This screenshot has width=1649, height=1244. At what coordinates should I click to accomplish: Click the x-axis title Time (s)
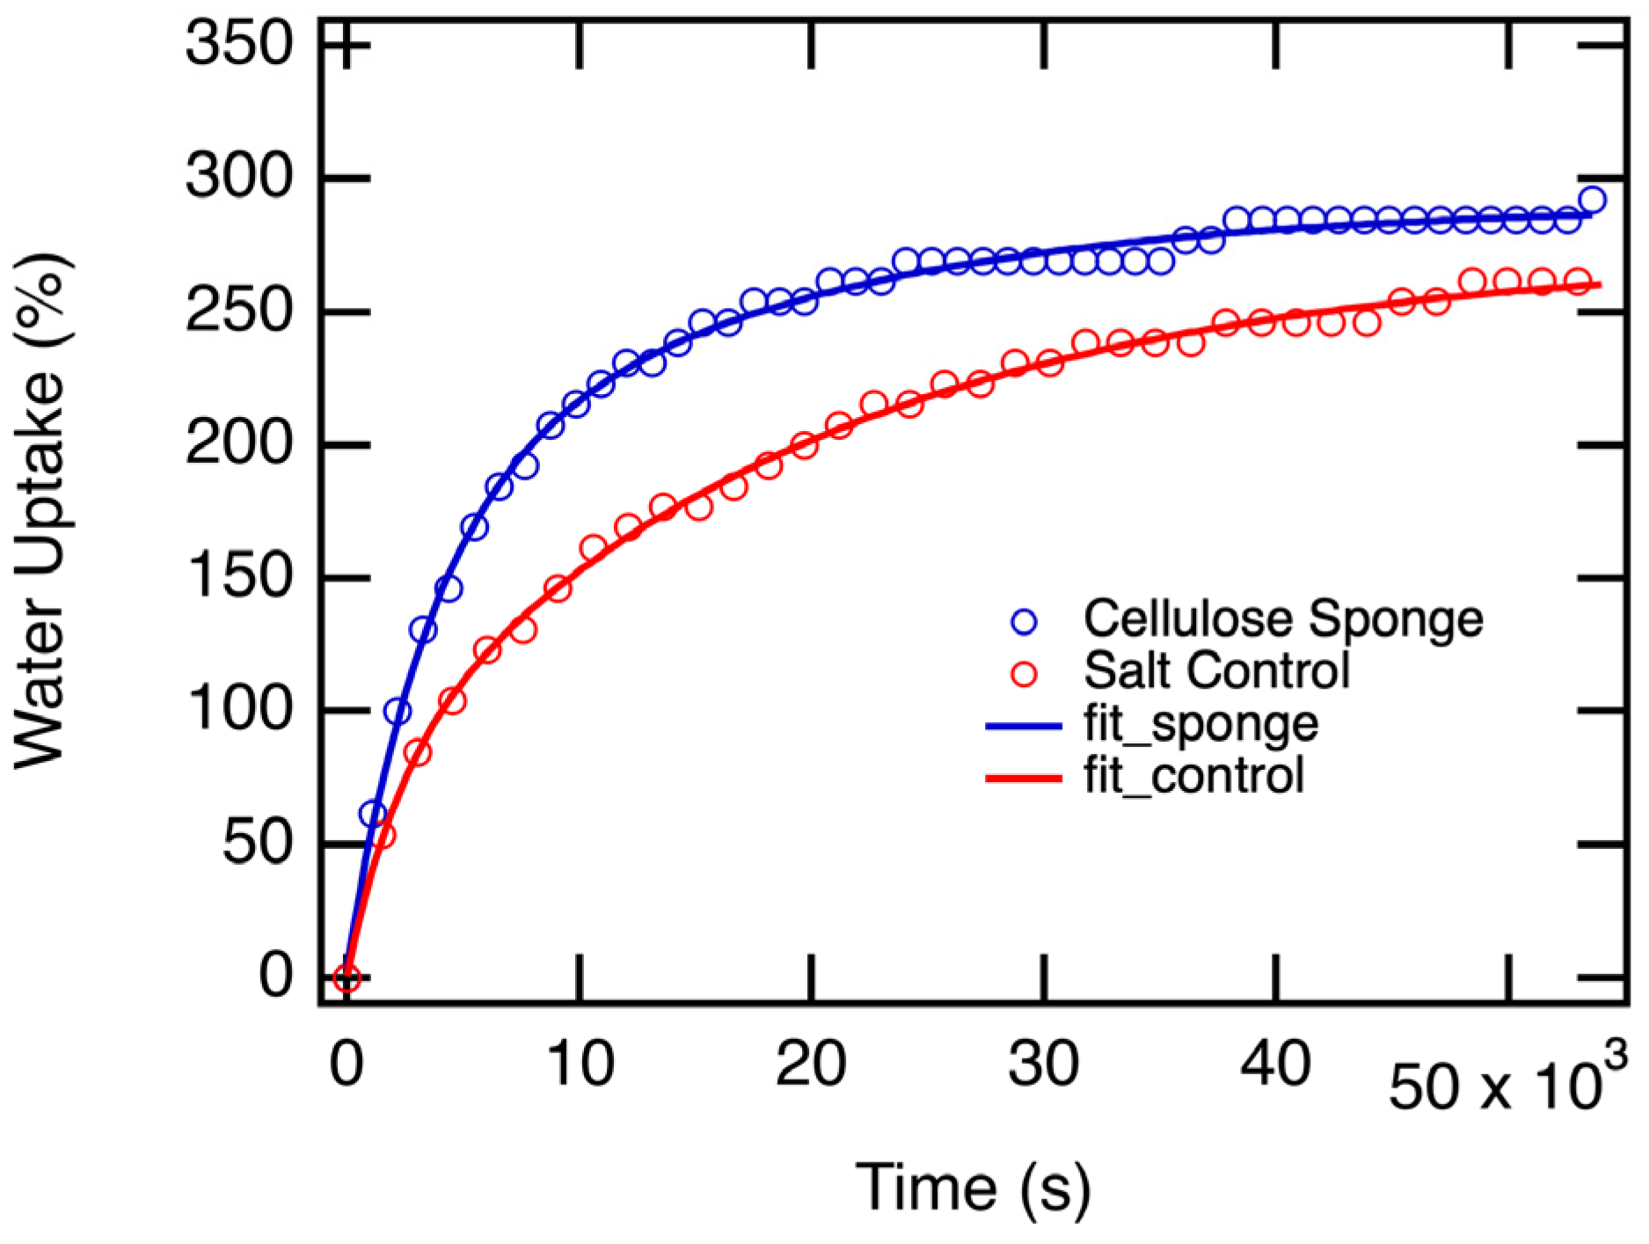tap(973, 1188)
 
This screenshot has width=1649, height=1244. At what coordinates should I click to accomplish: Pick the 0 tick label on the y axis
tap(274, 976)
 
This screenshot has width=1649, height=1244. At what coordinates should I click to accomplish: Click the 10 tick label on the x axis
tap(579, 1065)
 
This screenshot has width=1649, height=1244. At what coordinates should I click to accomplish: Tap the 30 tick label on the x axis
tap(1043, 1065)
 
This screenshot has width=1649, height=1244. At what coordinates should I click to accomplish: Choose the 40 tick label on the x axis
tap(1275, 1065)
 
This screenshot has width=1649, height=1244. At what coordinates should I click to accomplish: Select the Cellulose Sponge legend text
tap(1283, 618)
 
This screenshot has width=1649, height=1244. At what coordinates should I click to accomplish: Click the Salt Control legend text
tap(1216, 671)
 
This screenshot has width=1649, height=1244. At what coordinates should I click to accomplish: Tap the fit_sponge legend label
tap(1200, 724)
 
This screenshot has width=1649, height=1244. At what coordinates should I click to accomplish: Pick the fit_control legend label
tap(1193, 776)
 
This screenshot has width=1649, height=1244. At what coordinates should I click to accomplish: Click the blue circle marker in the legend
tap(1025, 622)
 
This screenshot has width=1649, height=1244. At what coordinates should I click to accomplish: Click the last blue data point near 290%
tap(1592, 201)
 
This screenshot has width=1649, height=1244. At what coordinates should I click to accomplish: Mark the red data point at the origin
tap(347, 977)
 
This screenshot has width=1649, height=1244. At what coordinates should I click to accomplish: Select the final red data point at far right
tap(1579, 282)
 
